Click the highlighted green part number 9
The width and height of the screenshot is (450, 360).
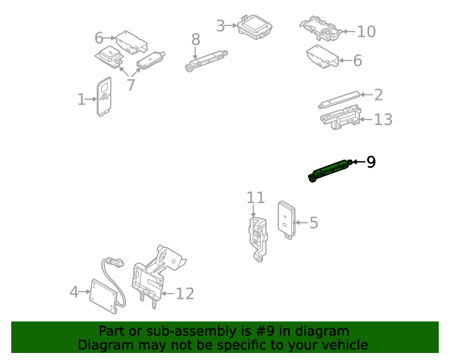click(x=330, y=171)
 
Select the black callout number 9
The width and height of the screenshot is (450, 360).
click(x=371, y=162)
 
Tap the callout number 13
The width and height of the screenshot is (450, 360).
click(x=383, y=120)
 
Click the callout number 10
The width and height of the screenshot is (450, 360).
click(x=366, y=32)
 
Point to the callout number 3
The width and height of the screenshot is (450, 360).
click(x=220, y=26)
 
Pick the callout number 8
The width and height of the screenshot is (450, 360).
click(x=195, y=39)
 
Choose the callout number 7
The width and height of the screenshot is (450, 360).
click(x=131, y=85)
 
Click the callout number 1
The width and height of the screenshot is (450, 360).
click(x=82, y=99)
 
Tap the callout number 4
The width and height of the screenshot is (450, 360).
click(x=74, y=292)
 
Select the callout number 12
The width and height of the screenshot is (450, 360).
click(x=185, y=294)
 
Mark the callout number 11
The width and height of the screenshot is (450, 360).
click(x=255, y=198)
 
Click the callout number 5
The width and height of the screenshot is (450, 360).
click(x=314, y=223)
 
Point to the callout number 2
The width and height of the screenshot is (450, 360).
click(x=378, y=95)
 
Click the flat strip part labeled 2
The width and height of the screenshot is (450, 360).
click(x=339, y=100)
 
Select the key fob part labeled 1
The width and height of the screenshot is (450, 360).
click(x=103, y=97)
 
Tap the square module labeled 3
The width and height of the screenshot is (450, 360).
click(x=255, y=27)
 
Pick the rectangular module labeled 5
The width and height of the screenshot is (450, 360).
click(x=286, y=220)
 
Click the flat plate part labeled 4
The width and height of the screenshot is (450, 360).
click(x=104, y=296)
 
